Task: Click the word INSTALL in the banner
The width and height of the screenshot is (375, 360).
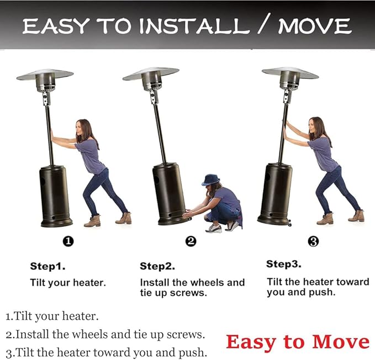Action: pos(194,26)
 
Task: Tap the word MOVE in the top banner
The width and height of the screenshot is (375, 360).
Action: pos(314,26)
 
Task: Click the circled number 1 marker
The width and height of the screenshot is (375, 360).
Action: pos(68,241)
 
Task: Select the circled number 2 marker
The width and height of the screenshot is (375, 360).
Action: pos(191,241)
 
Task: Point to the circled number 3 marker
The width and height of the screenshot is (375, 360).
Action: pos(313,241)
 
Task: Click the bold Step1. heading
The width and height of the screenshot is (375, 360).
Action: pos(47,266)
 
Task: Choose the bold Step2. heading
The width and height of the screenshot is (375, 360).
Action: pos(157,266)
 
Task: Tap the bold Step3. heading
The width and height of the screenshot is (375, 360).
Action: pos(284,264)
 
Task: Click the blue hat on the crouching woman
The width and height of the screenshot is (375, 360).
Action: pos(211,180)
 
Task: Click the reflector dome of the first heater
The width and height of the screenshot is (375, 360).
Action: pos(45,75)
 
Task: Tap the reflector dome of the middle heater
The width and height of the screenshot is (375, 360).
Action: pos(151,73)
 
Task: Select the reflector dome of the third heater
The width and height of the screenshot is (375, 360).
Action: pos(291,73)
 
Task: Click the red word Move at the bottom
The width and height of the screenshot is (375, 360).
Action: pos(341,342)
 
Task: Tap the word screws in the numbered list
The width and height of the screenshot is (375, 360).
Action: pos(186,335)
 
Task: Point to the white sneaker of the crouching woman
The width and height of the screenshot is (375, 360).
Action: pos(214,229)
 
